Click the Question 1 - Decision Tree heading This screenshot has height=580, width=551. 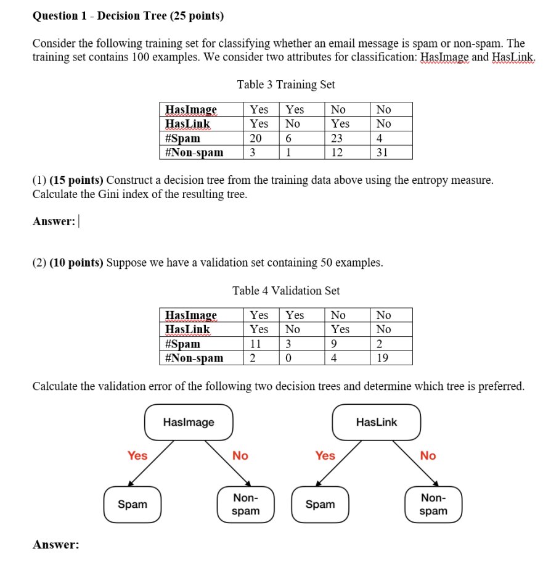128,15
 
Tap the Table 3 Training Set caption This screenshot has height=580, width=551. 286,85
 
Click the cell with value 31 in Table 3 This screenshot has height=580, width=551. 383,152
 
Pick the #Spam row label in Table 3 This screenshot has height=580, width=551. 183,138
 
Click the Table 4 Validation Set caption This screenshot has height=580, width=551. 286,291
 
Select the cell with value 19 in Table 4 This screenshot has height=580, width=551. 383,358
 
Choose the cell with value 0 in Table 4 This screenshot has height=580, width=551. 289,358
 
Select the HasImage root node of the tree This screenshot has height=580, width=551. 189,423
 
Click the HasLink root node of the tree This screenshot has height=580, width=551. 377,423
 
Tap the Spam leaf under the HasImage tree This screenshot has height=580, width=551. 133,505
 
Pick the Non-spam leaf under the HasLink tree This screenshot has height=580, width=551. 433,505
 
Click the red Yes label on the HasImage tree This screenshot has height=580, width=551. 137,456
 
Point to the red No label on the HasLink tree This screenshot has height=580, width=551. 428,456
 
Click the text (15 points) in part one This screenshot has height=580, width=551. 76,181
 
